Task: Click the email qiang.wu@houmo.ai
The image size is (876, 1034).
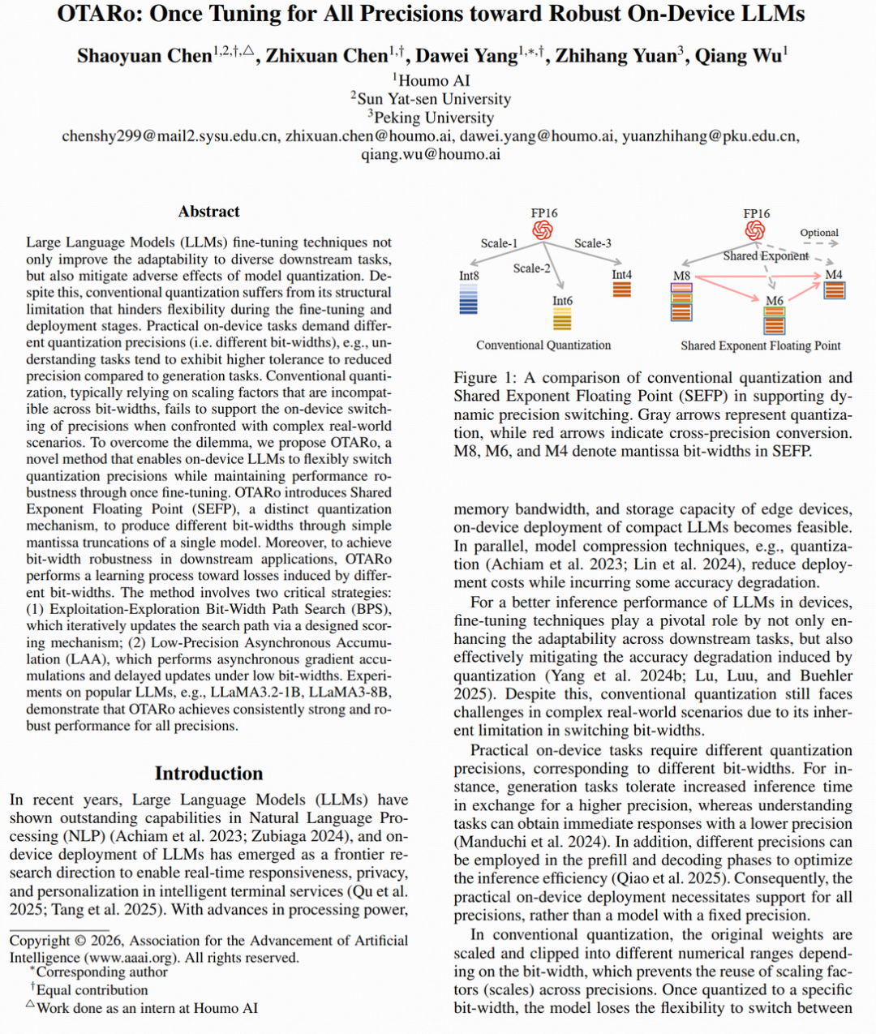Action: click(431, 154)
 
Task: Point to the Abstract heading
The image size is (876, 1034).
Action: click(208, 212)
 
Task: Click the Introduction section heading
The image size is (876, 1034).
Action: click(208, 773)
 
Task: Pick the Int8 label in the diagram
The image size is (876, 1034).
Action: click(469, 276)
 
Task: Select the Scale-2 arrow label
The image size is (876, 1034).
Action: click(531, 268)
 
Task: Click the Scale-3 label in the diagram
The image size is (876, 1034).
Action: click(593, 243)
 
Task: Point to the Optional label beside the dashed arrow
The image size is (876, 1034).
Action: click(819, 233)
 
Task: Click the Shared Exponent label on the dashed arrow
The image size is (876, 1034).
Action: click(766, 256)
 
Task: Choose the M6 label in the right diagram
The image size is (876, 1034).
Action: click(775, 301)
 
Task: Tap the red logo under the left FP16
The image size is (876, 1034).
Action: click(543, 231)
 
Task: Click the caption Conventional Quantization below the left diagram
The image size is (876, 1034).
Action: click(543, 345)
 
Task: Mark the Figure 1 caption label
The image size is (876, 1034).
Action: click(485, 378)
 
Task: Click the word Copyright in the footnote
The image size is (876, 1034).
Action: click(40, 941)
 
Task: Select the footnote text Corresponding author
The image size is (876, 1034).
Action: click(101, 972)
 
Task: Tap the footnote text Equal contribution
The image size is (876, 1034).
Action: click(92, 990)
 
